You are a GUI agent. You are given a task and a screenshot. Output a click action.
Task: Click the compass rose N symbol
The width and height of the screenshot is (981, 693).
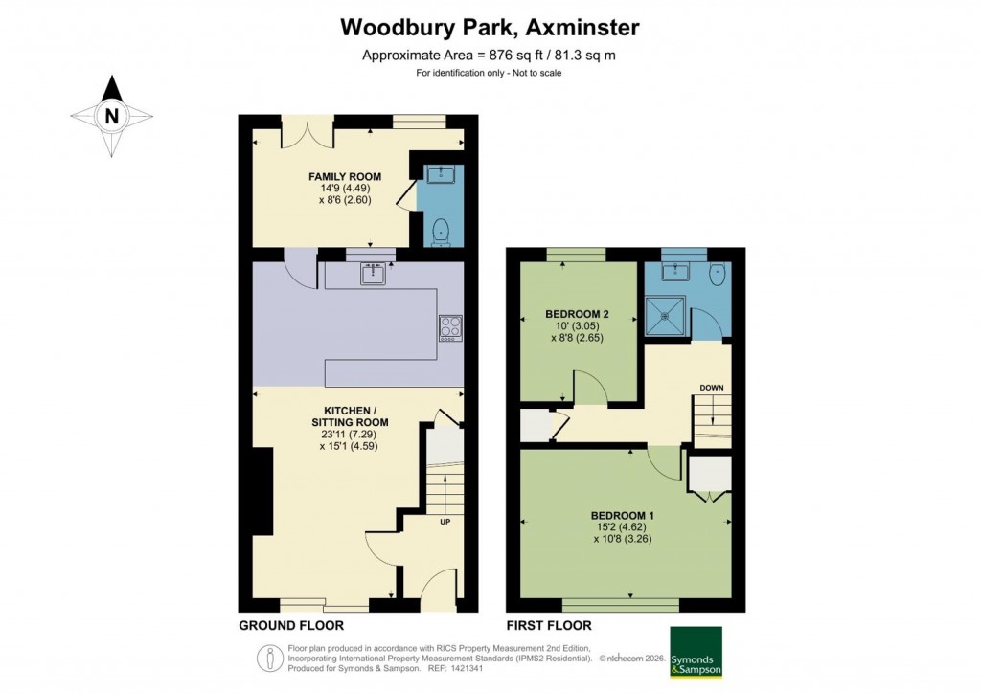(x=112, y=117)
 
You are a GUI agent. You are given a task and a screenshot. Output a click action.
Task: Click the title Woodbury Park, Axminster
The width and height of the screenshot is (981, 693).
(x=490, y=28)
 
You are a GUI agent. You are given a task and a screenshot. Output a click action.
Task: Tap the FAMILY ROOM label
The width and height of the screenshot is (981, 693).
(x=345, y=176)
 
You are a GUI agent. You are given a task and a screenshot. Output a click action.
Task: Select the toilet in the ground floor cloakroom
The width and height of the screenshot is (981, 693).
(x=441, y=230)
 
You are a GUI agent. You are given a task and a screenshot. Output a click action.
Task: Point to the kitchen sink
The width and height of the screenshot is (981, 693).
(x=374, y=275)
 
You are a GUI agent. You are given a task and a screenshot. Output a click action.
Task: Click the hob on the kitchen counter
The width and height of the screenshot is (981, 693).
(x=449, y=327)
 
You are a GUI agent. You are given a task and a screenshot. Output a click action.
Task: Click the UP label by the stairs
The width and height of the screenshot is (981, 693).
(x=445, y=522)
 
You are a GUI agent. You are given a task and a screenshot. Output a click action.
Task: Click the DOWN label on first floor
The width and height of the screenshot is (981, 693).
(x=711, y=388)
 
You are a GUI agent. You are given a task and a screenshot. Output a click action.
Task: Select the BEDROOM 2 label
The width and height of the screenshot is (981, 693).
(x=577, y=314)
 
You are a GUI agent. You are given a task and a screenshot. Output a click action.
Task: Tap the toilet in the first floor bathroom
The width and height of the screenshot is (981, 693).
(x=718, y=275)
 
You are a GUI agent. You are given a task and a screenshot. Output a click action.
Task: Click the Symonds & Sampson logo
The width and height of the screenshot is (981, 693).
(x=696, y=652)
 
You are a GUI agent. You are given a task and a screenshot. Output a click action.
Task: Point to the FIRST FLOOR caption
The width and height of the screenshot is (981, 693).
(x=549, y=626)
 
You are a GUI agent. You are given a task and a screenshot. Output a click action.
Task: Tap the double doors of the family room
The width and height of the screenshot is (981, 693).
(x=307, y=134)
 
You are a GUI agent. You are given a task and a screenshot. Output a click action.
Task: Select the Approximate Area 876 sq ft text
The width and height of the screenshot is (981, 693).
(x=489, y=56)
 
